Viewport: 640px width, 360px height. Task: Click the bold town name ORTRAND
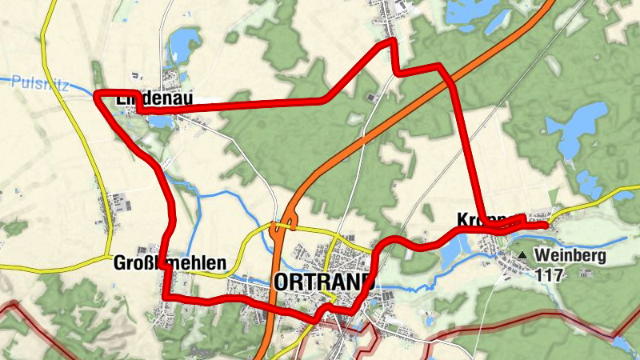click(324, 282)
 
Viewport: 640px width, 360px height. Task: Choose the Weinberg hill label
click(572, 256)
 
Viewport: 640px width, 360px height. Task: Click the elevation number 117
click(552, 275)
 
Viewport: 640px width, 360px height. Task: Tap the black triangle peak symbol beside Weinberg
click(522, 256)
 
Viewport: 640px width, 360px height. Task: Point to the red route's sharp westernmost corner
click(97, 96)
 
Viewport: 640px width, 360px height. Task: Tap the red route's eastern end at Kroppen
click(546, 226)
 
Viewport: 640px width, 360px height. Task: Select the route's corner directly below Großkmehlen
click(166, 298)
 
